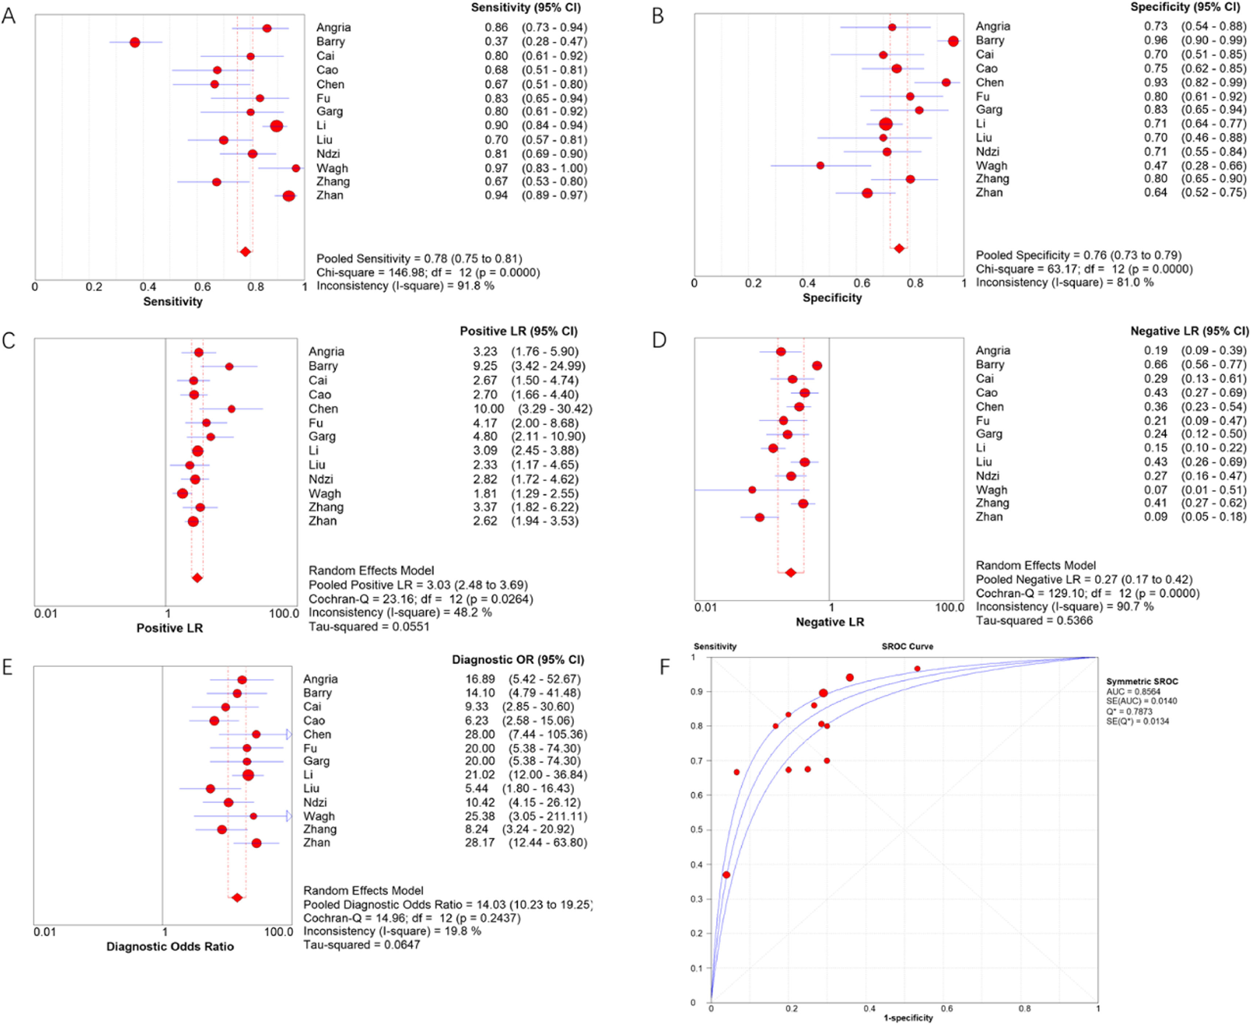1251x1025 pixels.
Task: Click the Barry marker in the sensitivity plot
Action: (135, 42)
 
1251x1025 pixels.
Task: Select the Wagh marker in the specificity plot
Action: (820, 165)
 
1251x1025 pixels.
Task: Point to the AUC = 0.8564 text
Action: (1133, 691)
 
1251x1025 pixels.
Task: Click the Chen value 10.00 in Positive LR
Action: (488, 409)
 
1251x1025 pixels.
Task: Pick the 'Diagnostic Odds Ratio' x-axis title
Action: (170, 946)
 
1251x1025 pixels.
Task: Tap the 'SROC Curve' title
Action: (907, 647)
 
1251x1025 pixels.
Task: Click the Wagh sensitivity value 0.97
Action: (496, 168)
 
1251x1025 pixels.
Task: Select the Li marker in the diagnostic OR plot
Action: (248, 775)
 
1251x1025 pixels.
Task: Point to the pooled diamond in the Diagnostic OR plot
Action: (237, 898)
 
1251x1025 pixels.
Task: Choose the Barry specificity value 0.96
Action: (1155, 40)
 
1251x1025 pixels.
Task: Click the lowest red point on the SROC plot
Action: (726, 875)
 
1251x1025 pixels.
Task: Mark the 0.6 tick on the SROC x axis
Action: (947, 1009)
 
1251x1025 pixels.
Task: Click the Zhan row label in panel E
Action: (316, 843)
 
